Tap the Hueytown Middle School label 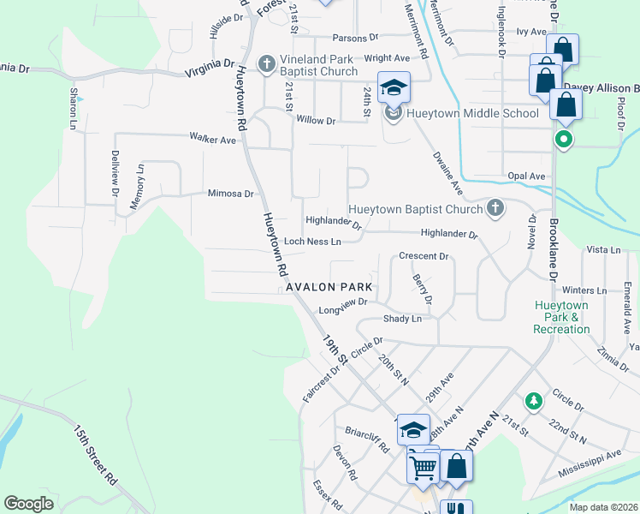[x=472, y=113]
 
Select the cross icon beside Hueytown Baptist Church [x=495, y=209]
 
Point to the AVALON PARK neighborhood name [x=328, y=287]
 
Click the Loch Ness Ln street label [x=312, y=242]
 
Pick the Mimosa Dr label [x=230, y=194]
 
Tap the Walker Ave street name [x=212, y=139]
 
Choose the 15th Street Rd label [x=94, y=455]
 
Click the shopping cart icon [x=423, y=467]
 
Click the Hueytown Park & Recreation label [x=561, y=317]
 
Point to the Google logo [x=28, y=504]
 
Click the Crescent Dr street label [x=424, y=256]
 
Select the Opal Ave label [x=525, y=176]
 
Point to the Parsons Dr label [x=355, y=39]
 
